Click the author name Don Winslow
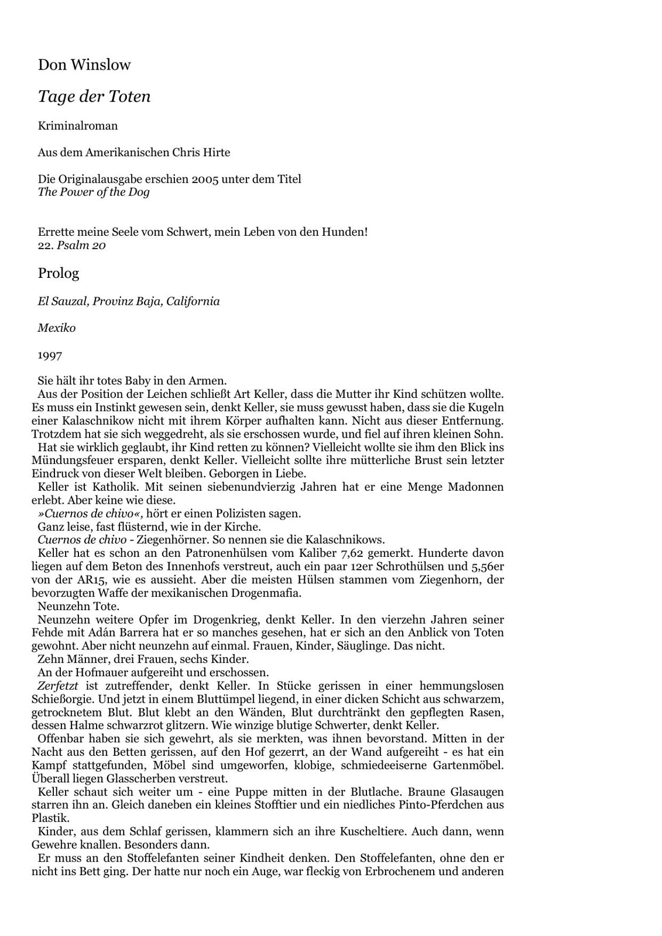(x=84, y=65)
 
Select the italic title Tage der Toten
(x=94, y=97)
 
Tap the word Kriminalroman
(x=78, y=126)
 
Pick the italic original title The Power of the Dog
(x=94, y=192)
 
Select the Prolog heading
(x=59, y=273)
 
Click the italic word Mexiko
(x=57, y=328)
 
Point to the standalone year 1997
(x=50, y=355)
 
